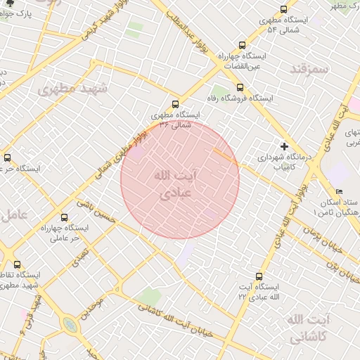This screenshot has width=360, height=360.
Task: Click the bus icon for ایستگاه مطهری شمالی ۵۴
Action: pyautogui.click(x=283, y=10)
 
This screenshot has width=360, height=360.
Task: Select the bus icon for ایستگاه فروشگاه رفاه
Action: pyautogui.click(x=240, y=87)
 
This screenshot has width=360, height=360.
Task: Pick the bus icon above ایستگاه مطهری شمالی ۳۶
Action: pyautogui.click(x=175, y=103)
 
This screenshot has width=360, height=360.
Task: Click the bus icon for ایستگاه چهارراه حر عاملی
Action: pyautogui.click(x=65, y=217)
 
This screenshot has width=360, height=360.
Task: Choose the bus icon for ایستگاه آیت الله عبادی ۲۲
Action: pyautogui.click(x=259, y=276)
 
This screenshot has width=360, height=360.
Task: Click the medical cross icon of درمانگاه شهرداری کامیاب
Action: pyautogui.click(x=284, y=146)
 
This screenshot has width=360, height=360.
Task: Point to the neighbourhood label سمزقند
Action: pyautogui.click(x=309, y=70)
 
